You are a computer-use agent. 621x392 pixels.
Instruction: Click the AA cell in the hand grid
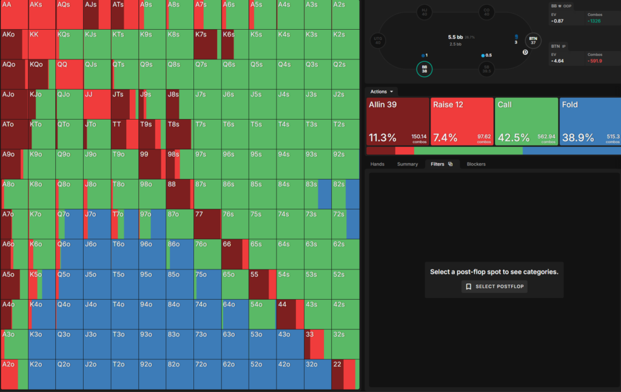pos(13,14)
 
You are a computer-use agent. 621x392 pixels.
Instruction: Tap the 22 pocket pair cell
pos(344,374)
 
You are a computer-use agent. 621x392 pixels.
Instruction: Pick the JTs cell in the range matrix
pos(124,104)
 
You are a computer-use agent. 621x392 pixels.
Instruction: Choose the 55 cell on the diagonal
pos(262,284)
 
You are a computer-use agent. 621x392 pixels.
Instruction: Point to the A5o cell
pos(13,284)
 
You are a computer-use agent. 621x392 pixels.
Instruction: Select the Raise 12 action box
pos(462,121)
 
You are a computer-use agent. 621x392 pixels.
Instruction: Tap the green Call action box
pos(526,121)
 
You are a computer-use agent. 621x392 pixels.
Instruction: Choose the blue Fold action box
pos(589,121)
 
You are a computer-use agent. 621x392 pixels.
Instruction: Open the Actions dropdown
pos(382,92)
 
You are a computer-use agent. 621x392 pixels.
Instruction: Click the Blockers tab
pos(476,164)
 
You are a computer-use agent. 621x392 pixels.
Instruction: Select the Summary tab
pos(408,164)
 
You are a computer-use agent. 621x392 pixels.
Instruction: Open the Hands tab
pos(377,164)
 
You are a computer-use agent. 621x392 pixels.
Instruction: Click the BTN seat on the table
pos(533,40)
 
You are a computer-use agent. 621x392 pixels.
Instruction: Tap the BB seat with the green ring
pos(425,69)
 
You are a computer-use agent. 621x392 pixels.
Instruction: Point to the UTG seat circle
pos(377,41)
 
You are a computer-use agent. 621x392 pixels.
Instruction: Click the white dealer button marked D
pos(525,53)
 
